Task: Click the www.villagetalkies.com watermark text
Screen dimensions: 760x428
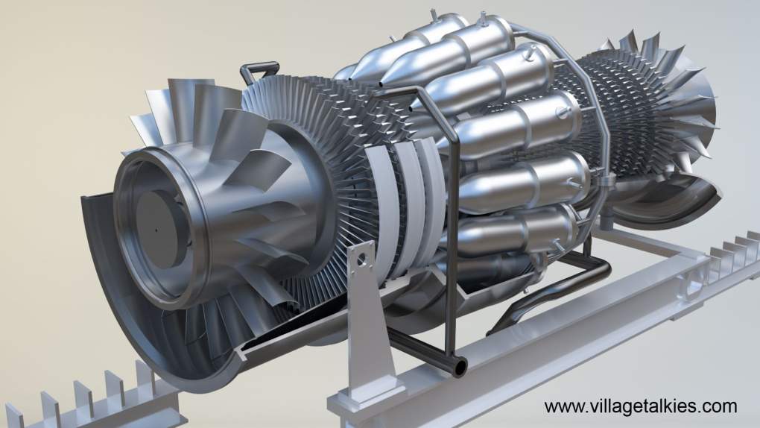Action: pyautogui.click(x=640, y=406)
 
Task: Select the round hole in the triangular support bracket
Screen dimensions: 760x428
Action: pyautogui.click(x=360, y=261)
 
